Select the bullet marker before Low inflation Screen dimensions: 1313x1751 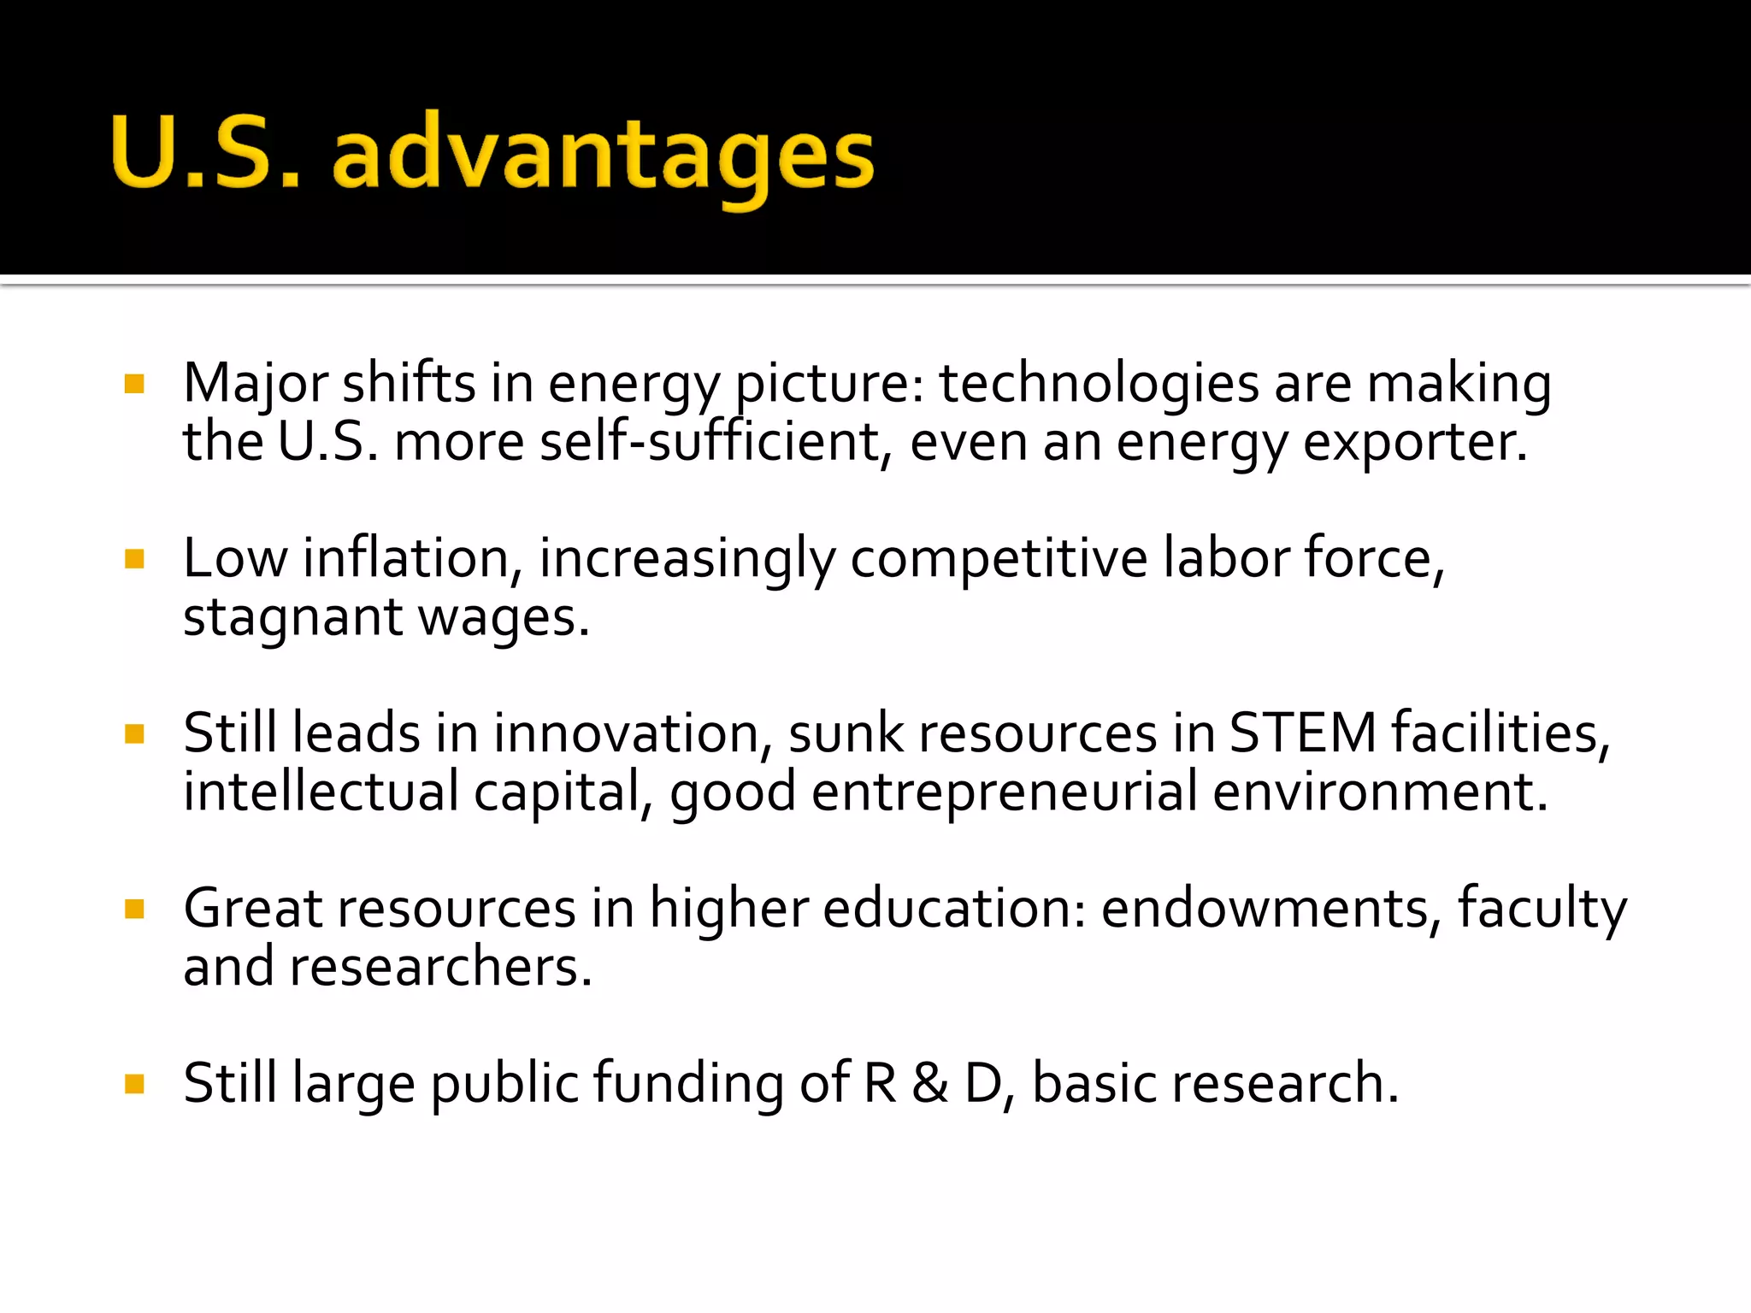(x=134, y=559)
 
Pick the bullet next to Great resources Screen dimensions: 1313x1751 (x=134, y=908)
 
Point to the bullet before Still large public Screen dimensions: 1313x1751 (x=134, y=1084)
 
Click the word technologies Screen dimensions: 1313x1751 (x=1099, y=384)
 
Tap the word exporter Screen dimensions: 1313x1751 (x=1414, y=442)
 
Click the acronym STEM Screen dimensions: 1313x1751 (x=1302, y=733)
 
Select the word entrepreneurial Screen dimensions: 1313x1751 (x=1005, y=792)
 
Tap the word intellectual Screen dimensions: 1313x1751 (x=321, y=792)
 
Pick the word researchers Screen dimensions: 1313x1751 (x=440, y=967)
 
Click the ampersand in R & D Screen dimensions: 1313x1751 (x=930, y=1083)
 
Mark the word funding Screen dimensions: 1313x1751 (x=688, y=1083)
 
